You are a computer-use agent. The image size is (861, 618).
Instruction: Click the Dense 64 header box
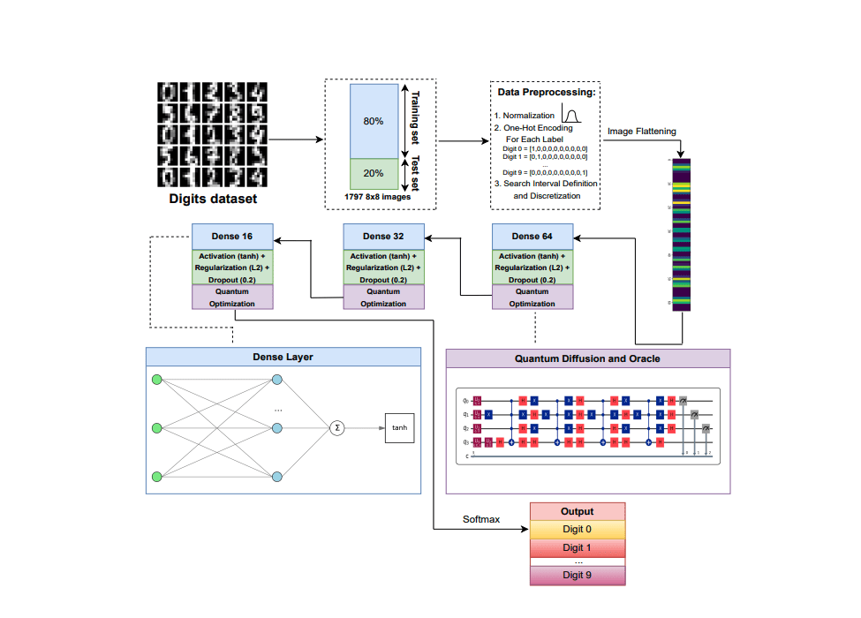[532, 237]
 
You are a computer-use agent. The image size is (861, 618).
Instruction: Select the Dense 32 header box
[383, 237]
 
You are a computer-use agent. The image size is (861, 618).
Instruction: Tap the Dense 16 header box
[233, 237]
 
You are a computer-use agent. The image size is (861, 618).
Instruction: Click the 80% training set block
[374, 121]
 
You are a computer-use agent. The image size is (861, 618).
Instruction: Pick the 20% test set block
[374, 173]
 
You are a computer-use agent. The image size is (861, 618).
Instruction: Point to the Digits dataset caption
[213, 200]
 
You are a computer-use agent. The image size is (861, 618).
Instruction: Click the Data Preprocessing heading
[547, 92]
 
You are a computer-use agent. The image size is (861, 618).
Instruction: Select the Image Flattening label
[641, 132]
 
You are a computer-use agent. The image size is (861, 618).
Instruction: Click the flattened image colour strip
[683, 235]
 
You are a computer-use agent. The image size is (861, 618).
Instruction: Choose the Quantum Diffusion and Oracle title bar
[587, 358]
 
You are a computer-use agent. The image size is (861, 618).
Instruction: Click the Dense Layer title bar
[283, 358]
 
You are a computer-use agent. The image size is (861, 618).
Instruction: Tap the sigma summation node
[336, 427]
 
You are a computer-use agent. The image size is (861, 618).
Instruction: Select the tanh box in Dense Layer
[399, 427]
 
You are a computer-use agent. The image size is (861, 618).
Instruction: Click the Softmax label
[481, 519]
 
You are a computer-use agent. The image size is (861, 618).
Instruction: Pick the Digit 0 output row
[577, 530]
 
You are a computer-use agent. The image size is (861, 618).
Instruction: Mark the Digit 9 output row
[577, 575]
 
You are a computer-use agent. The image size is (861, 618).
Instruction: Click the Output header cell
[577, 511]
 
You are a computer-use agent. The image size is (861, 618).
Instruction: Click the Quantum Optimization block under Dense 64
[532, 298]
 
